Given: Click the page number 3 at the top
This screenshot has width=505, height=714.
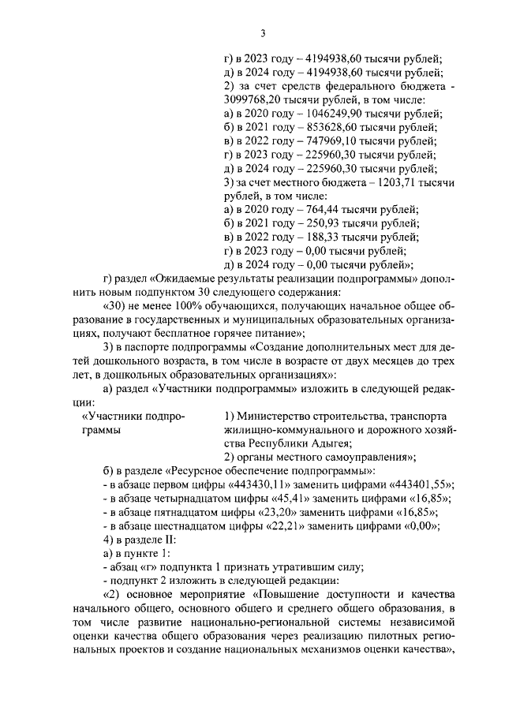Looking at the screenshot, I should click(x=263, y=32).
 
